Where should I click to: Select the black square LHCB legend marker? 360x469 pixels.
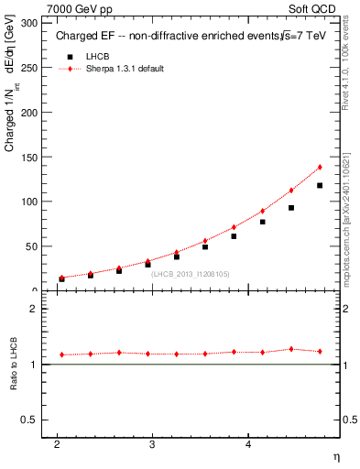[x=69, y=57]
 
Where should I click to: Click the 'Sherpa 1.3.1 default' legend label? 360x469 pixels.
[x=125, y=70]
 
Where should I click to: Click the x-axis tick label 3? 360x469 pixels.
[x=153, y=445]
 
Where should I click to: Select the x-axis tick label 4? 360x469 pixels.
[x=248, y=445]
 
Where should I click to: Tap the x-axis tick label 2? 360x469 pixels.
[x=58, y=445]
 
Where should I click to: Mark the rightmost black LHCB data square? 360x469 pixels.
[x=320, y=185]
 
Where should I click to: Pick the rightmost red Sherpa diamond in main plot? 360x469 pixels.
[x=320, y=167]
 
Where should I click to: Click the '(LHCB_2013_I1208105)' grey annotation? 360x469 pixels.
[x=189, y=273]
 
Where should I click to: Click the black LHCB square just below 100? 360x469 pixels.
[x=290, y=208]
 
